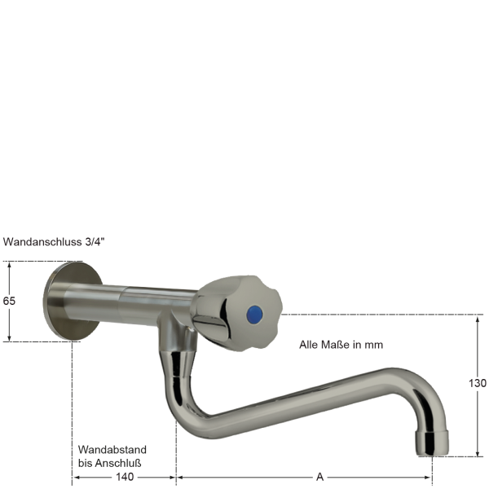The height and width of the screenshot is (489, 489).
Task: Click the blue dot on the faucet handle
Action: [x=255, y=315]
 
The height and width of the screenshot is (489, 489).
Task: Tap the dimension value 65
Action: [x=10, y=301]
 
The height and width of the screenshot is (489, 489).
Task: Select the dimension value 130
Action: [x=478, y=383]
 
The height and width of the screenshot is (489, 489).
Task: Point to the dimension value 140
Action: [x=125, y=477]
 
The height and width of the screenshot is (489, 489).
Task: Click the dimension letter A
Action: [x=320, y=477]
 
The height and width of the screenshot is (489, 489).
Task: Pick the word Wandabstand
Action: [x=112, y=450]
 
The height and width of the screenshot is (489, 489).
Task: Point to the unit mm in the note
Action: [x=374, y=345]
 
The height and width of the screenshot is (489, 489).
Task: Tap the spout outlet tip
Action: [x=432, y=441]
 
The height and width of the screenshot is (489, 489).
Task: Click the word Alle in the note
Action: [x=310, y=345]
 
